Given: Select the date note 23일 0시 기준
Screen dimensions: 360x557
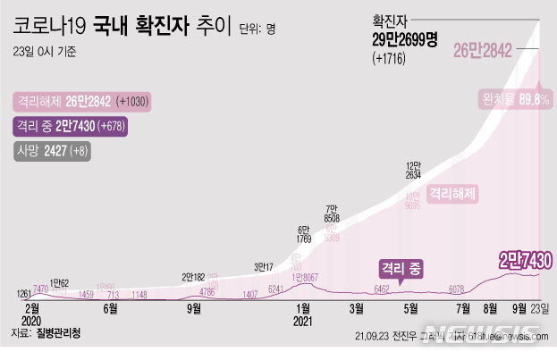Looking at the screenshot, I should [x=46, y=52].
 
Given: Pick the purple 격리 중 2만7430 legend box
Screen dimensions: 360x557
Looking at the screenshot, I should [x=72, y=127].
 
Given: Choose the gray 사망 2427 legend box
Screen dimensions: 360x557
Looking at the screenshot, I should [x=51, y=152].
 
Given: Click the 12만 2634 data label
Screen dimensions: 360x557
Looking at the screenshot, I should [x=413, y=171].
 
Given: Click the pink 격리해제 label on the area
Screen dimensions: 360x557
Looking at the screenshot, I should [x=452, y=192].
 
